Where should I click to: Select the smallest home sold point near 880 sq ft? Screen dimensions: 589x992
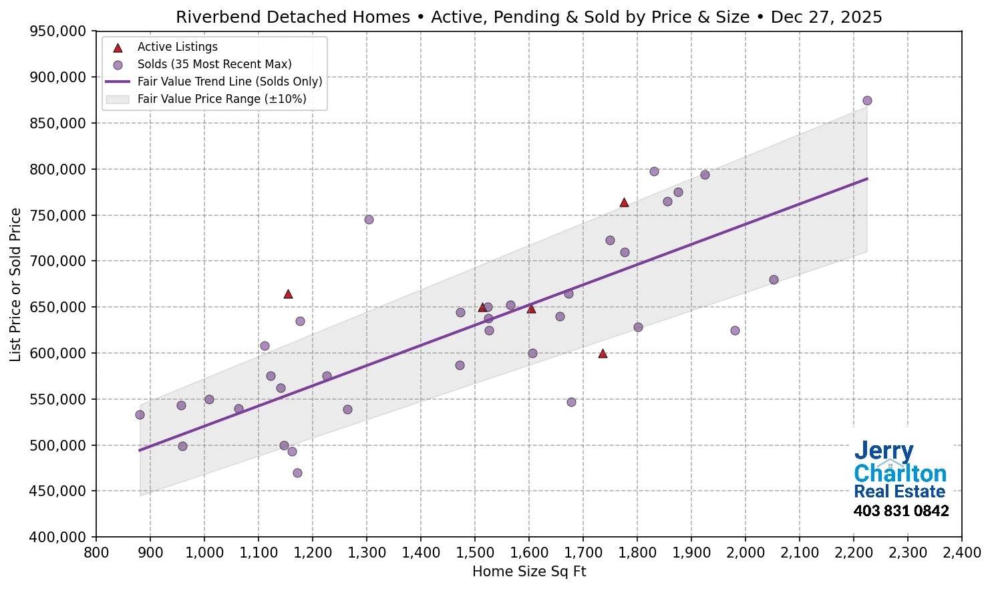pos(140,415)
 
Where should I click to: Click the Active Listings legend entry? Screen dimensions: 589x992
pos(177,47)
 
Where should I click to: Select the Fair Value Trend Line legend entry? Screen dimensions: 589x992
pos(229,82)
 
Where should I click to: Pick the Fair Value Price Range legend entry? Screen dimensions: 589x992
pos(221,99)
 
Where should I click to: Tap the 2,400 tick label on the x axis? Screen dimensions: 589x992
pos(961,553)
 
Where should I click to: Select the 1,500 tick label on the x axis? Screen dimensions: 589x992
pos(474,553)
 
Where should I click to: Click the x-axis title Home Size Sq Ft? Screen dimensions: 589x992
pos(528,572)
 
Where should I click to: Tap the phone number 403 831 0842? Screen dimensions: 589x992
pos(900,511)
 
